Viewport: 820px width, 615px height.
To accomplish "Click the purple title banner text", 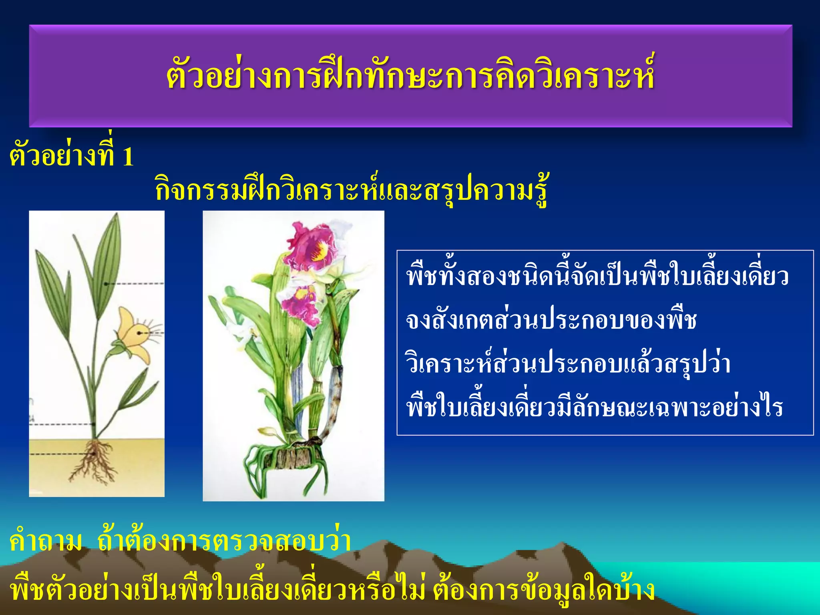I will [410, 76].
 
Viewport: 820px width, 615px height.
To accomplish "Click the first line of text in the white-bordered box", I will [597, 276].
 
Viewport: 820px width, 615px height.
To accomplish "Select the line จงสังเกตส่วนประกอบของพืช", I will [551, 320].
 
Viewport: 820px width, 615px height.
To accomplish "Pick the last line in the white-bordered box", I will [594, 408].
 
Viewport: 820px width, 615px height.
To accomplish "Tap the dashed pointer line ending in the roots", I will [60, 454].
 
